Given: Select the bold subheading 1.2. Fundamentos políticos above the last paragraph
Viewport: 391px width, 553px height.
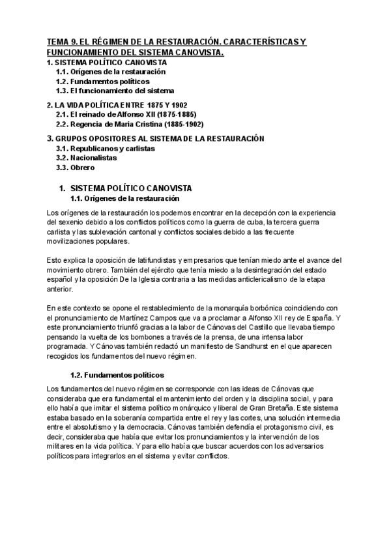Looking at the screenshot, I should click(x=117, y=376).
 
